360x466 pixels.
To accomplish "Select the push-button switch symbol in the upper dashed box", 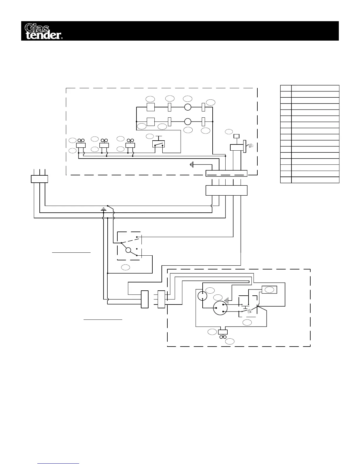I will click(x=159, y=144).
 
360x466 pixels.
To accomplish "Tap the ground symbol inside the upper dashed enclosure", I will click(x=192, y=165).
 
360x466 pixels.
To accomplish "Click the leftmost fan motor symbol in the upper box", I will click(x=81, y=144).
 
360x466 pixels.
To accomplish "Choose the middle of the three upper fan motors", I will click(x=104, y=144).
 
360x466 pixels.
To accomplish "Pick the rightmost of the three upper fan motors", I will click(x=130, y=144).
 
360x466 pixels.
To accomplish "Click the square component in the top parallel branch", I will click(x=151, y=107).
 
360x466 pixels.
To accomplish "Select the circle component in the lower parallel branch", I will click(x=188, y=121).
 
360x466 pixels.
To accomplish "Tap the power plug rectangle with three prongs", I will click(x=39, y=179).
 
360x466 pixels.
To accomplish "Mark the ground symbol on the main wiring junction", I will click(x=103, y=209).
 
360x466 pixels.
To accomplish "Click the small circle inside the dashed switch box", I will click(x=128, y=250).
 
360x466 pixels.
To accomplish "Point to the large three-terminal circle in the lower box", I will click(x=220, y=308).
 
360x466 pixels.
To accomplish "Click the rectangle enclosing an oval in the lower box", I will click(x=269, y=290).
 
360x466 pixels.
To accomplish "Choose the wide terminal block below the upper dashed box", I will click(x=226, y=190).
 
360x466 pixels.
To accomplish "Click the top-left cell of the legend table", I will click(x=286, y=88).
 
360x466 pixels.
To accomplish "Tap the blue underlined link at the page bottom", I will click(x=59, y=464).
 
